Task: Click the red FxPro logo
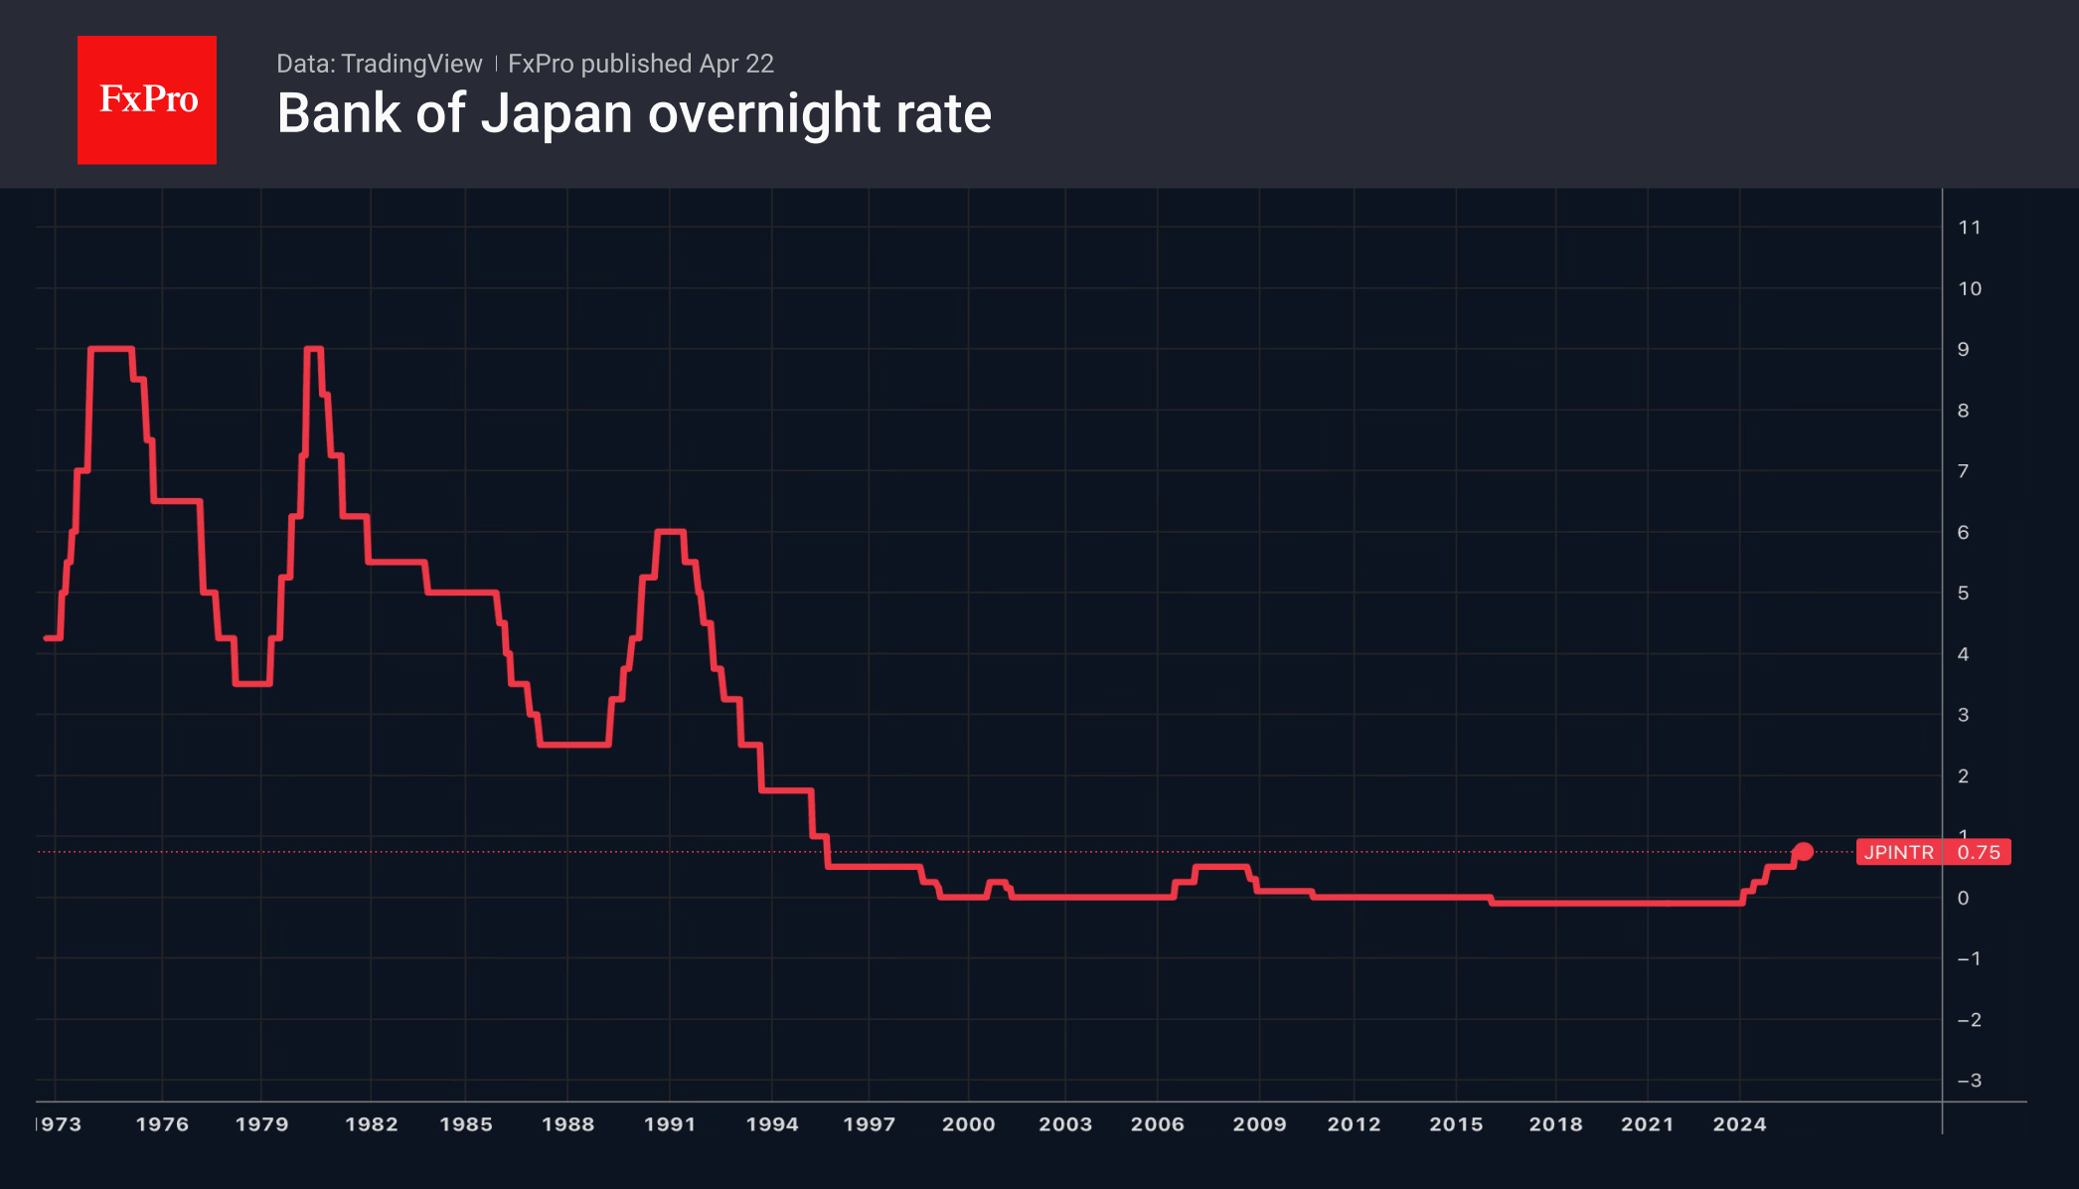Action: pyautogui.click(x=147, y=99)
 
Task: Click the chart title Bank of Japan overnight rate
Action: pyautogui.click(x=634, y=113)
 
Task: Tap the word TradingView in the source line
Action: pyautogui.click(x=410, y=64)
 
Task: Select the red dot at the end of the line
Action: pyautogui.click(x=1803, y=852)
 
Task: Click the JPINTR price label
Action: pyautogui.click(x=1898, y=852)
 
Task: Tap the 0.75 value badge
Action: pyautogui.click(x=1978, y=852)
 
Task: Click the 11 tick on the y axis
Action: pyautogui.click(x=1969, y=228)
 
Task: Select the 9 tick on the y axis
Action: pyautogui.click(x=1963, y=349)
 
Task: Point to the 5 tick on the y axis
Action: pyautogui.click(x=1963, y=594)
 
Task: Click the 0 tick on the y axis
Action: pyautogui.click(x=1963, y=898)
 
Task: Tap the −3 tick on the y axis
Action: pyautogui.click(x=1969, y=1081)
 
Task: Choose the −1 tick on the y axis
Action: pyautogui.click(x=1969, y=958)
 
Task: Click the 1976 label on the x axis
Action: pyautogui.click(x=162, y=1124)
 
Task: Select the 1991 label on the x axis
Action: pyautogui.click(x=670, y=1124)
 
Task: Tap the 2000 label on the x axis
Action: pyautogui.click(x=968, y=1124)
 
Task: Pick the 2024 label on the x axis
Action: pyautogui.click(x=1739, y=1124)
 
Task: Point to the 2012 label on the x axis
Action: pyautogui.click(x=1354, y=1124)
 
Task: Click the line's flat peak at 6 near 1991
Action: pyautogui.click(x=671, y=532)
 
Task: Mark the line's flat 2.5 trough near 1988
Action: pyautogui.click(x=574, y=745)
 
